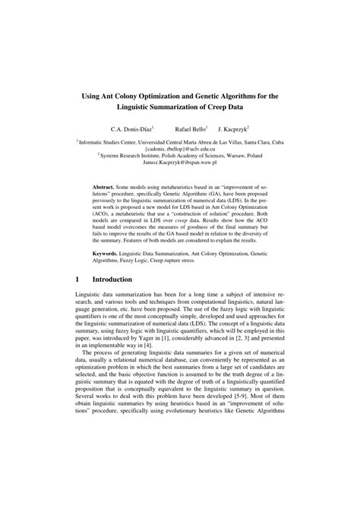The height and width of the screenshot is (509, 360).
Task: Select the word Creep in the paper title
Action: point(226,111)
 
